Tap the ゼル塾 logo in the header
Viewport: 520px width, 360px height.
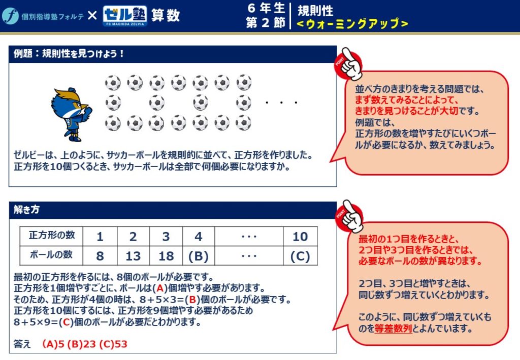pyautogui.click(x=125, y=16)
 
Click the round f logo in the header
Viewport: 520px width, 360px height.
pyautogui.click(x=10, y=16)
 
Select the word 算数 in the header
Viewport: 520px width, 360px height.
pyautogui.click(x=166, y=16)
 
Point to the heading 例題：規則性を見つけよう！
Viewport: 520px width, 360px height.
pyautogui.click(x=69, y=53)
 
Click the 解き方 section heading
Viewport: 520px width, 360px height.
pyautogui.click(x=26, y=209)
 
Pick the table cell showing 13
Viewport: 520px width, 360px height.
pyautogui.click(x=133, y=255)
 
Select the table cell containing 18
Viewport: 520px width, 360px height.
pyautogui.click(x=166, y=255)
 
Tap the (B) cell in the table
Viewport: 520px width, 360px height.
pyautogui.click(x=199, y=255)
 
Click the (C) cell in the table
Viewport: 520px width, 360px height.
pyautogui.click(x=300, y=255)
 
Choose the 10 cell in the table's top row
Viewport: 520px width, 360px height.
pyautogui.click(x=300, y=236)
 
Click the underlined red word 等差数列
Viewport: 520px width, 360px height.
pyautogui.click(x=393, y=329)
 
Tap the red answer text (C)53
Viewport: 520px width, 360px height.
pyautogui.click(x=113, y=344)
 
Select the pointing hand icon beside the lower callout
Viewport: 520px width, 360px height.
pyautogui.click(x=349, y=216)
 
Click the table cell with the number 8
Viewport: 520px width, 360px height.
pyautogui.click(x=100, y=255)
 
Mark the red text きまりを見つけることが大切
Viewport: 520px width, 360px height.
pyautogui.click(x=406, y=111)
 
